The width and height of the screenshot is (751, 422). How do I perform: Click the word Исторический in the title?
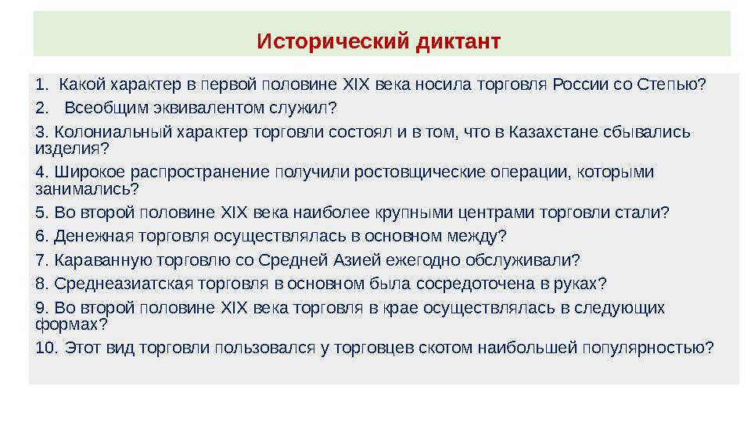pyautogui.click(x=332, y=39)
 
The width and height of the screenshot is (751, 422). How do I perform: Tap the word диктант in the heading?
pyautogui.click(x=457, y=39)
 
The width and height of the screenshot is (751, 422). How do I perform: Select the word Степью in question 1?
pyautogui.click(x=672, y=84)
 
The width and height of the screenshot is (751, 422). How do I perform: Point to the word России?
pyautogui.click(x=577, y=84)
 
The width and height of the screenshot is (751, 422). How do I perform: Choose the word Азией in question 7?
pyautogui.click(x=385, y=259)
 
